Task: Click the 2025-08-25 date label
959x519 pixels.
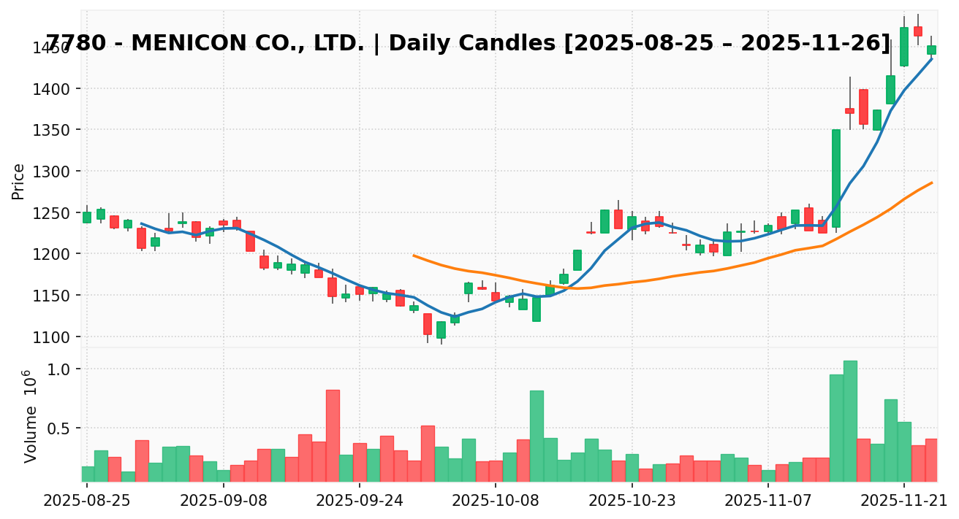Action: click(x=87, y=501)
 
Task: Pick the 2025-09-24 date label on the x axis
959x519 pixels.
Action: click(x=359, y=501)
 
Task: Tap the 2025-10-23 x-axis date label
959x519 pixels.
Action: click(x=632, y=501)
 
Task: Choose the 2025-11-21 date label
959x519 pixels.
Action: click(x=903, y=501)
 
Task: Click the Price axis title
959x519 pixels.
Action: click(x=19, y=181)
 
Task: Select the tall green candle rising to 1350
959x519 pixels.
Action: click(x=836, y=179)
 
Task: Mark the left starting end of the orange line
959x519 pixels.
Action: click(x=414, y=255)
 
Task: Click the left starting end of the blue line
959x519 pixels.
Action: click(x=141, y=223)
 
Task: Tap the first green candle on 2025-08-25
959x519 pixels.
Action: click(x=87, y=218)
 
